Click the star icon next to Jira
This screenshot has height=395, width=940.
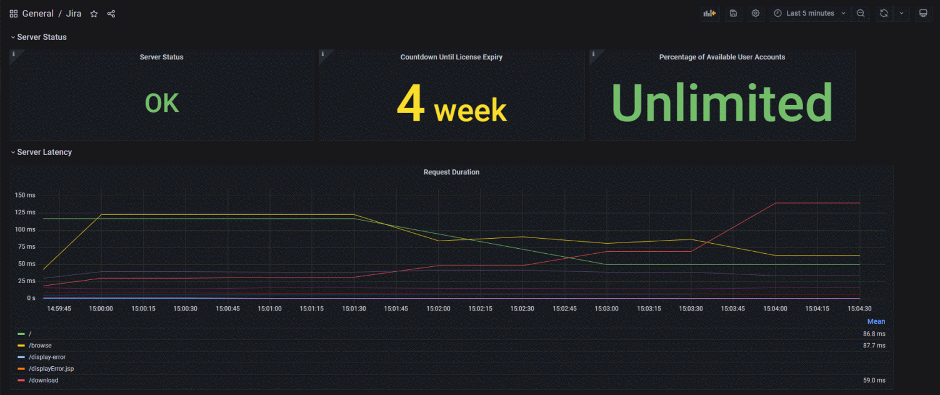94,14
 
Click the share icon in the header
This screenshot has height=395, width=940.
111,14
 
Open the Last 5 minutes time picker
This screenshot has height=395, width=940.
809,13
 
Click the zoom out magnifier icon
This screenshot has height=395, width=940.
861,13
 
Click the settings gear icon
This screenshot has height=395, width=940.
756,13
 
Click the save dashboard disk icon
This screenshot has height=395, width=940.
733,13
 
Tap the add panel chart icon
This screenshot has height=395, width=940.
709,13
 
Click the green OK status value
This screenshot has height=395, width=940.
162,104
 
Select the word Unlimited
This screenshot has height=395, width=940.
722,103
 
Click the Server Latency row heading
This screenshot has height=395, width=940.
44,152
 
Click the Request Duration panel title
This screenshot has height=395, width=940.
451,172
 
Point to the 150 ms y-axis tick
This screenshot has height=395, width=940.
26,196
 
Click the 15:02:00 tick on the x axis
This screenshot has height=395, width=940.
438,309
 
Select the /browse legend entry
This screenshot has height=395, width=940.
40,346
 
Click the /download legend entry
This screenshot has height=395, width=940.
43,380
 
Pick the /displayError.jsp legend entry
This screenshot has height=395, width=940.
51,369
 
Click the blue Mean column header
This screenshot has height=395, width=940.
876,322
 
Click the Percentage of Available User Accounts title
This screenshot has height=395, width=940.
722,57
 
